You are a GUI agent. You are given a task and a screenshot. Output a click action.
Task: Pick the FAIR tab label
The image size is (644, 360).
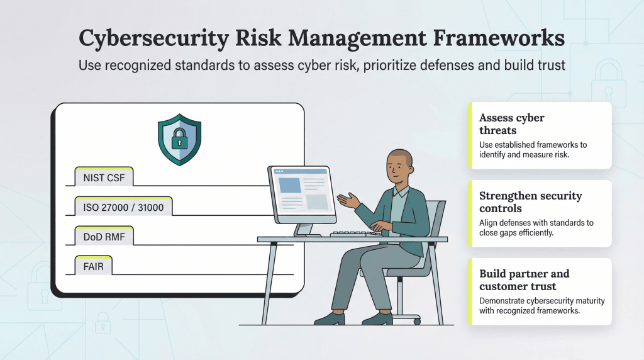pos(93,266)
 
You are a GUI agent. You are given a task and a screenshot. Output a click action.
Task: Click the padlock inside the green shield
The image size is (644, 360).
pos(179,138)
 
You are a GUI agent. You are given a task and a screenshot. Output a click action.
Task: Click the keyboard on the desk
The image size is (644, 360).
pos(356,233)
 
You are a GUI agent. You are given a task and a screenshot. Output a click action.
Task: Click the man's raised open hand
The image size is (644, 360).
pos(348,201)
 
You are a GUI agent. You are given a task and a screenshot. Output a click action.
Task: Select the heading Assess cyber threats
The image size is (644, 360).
pos(511,124)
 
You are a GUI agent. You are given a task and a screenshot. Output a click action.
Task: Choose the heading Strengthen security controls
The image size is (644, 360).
pos(530,201)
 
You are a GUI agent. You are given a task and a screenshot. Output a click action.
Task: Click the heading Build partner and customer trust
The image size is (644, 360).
pos(524,279)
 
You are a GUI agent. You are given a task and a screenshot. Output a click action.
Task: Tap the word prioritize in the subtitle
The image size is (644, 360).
pos(348,65)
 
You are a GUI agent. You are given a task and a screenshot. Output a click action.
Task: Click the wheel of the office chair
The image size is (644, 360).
pos(416,321)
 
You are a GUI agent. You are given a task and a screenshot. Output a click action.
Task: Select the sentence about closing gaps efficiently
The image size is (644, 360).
pos(536,227)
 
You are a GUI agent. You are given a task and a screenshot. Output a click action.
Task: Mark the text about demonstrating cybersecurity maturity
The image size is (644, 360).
pos(541,305)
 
